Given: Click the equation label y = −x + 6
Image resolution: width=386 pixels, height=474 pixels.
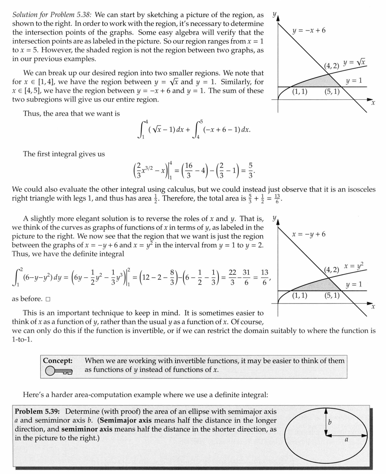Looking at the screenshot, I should pyautogui.click(x=309, y=31).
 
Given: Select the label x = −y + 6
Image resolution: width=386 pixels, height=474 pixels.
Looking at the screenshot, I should pyautogui.click(x=309, y=234).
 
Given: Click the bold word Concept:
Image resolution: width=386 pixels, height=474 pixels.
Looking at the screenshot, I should pyautogui.click(x=58, y=361).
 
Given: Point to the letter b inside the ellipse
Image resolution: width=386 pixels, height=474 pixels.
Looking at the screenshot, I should pyautogui.click(x=330, y=422).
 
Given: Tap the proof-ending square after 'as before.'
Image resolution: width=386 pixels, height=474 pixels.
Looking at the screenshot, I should pyautogui.click(x=48, y=299).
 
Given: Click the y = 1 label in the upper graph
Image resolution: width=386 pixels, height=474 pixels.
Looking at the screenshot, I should pyautogui.click(x=354, y=80).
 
